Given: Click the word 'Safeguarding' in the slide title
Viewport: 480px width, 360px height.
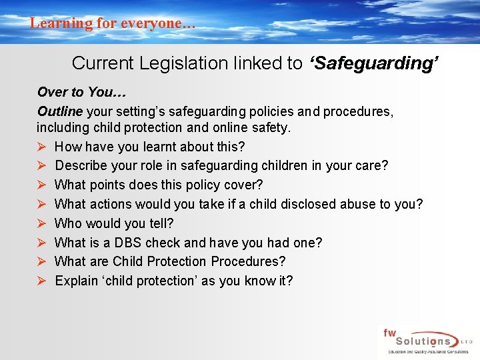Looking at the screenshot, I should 374,63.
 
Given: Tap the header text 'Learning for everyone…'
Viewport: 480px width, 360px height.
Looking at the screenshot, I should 113,23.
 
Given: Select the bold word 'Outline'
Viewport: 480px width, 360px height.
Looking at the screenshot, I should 60,111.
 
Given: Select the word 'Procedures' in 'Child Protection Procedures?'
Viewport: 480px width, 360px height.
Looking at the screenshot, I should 249,261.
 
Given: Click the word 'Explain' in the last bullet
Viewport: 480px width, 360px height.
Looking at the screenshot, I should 77,281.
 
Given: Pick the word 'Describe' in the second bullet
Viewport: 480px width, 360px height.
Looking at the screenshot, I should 81,165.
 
